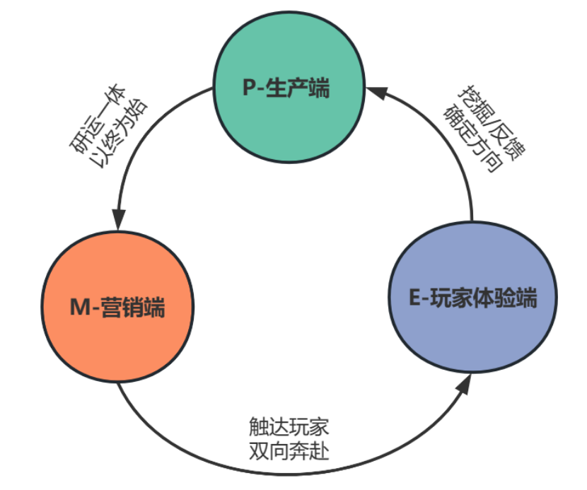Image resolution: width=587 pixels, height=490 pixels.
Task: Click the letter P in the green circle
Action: [249, 89]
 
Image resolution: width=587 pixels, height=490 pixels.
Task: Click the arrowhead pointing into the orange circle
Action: [120, 218]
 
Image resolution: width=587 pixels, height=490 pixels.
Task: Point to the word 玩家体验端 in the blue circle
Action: [484, 298]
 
